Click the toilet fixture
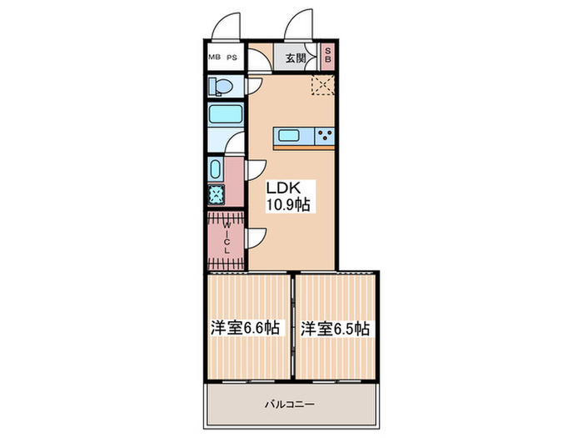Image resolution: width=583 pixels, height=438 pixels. pyautogui.click(x=222, y=86)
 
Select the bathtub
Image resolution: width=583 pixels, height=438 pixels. pyautogui.click(x=225, y=115)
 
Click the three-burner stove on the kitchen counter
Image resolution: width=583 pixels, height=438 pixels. pyautogui.click(x=325, y=136)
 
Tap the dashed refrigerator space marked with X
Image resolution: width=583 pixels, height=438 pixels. pyautogui.click(x=321, y=84)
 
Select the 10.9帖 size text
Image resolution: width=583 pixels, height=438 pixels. pyautogui.click(x=289, y=204)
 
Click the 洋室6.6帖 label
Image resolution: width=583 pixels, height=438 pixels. pyautogui.click(x=245, y=328)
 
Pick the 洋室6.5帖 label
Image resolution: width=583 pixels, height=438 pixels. pyautogui.click(x=336, y=328)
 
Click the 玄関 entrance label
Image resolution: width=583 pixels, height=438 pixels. pyautogui.click(x=296, y=58)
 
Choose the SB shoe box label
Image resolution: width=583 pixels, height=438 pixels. pyautogui.click(x=328, y=57)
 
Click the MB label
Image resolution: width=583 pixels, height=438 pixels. pyautogui.click(x=215, y=58)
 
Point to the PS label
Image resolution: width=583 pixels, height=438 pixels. pyautogui.click(x=232, y=58)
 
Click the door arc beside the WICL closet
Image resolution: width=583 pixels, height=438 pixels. pyautogui.click(x=257, y=238)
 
